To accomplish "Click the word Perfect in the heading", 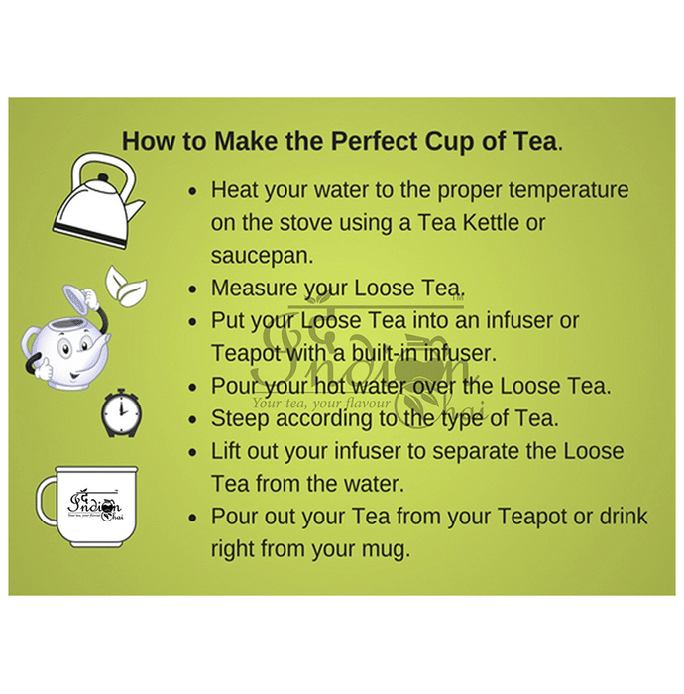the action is pyautogui.click(x=375, y=141).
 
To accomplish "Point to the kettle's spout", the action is pyautogui.click(x=135, y=209).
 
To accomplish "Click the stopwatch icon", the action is pyautogui.click(x=121, y=412).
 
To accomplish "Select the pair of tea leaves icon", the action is pyautogui.click(x=125, y=286).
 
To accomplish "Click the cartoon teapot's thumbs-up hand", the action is pyautogui.click(x=44, y=368).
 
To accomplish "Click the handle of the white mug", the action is pyautogui.click(x=47, y=501).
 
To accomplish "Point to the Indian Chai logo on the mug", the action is pyautogui.click(x=95, y=505).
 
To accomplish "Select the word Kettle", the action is pyautogui.click(x=491, y=222).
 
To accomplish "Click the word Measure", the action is pyautogui.click(x=254, y=289).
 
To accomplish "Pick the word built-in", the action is pyautogui.click(x=385, y=353).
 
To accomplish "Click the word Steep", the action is pyautogui.click(x=240, y=419).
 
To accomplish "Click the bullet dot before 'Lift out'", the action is pyautogui.click(x=192, y=452).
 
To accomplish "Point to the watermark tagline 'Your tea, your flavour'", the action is pyautogui.click(x=321, y=403).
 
